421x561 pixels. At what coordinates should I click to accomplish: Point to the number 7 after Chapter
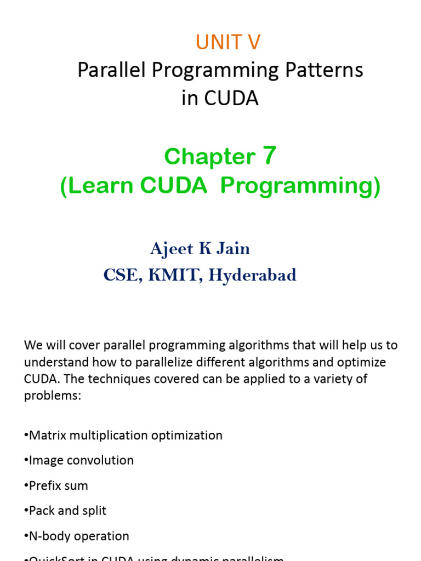click(x=269, y=157)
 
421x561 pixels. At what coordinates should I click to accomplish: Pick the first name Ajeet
click(x=172, y=249)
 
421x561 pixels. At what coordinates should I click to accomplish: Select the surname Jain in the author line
click(x=233, y=249)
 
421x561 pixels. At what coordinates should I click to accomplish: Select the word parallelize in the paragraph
click(x=144, y=363)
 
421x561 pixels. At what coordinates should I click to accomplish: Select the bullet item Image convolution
click(x=80, y=461)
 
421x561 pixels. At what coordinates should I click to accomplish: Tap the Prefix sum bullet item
click(x=57, y=486)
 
